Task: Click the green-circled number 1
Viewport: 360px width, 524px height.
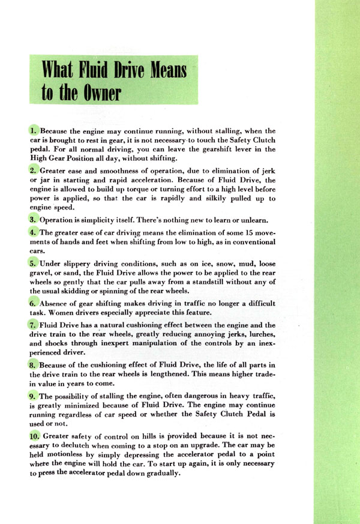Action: [33, 130]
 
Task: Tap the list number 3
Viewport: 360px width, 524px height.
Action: [33, 219]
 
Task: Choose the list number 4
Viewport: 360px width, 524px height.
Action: [33, 232]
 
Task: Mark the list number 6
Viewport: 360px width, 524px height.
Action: [33, 303]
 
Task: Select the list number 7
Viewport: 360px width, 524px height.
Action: [33, 325]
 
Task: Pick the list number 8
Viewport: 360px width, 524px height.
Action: [33, 364]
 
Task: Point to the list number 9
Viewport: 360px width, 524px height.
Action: [33, 396]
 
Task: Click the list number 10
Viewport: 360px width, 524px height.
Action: [35, 436]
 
